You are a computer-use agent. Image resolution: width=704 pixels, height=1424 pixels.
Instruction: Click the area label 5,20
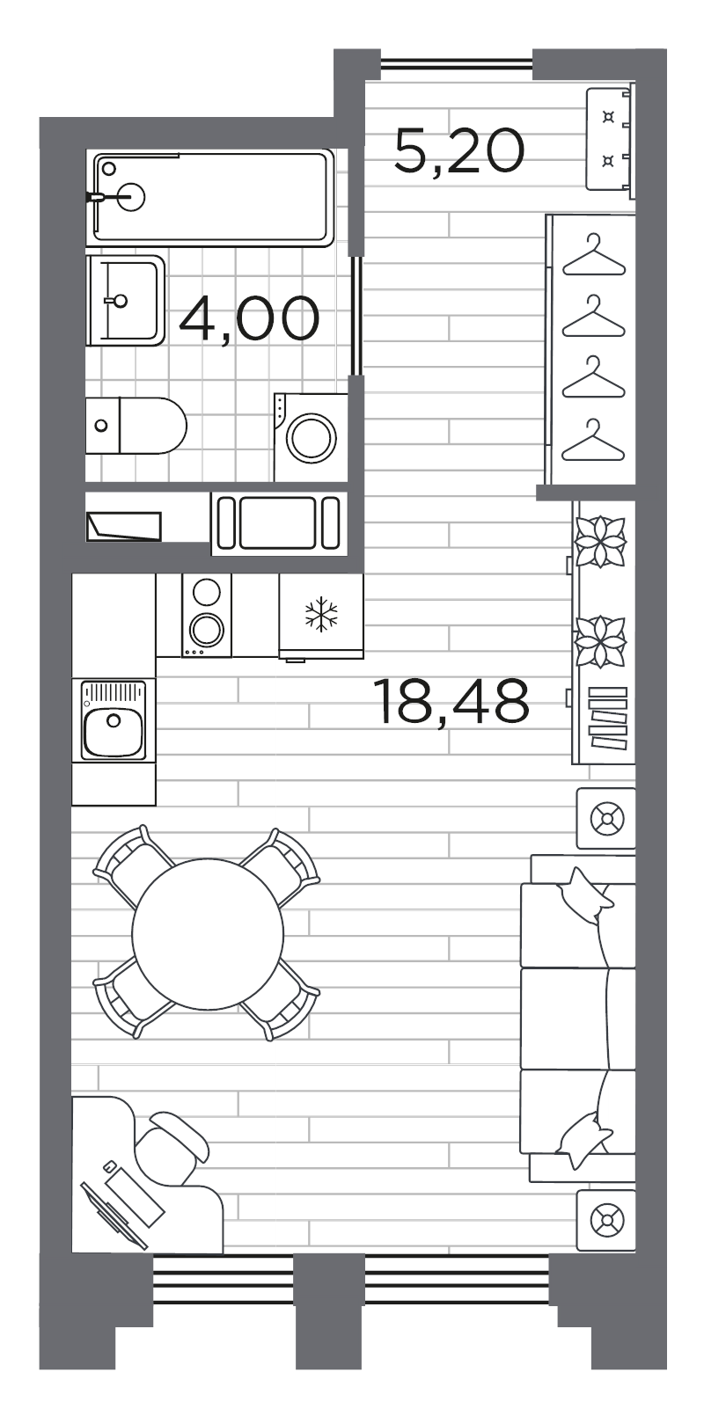pyautogui.click(x=458, y=150)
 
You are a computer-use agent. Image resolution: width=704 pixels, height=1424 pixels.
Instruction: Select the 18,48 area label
pyautogui.click(x=451, y=701)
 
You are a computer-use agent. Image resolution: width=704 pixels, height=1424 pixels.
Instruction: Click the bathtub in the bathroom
pyautogui.click(x=213, y=197)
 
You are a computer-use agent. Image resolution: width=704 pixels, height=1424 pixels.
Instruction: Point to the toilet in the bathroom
pyautogui.click(x=136, y=426)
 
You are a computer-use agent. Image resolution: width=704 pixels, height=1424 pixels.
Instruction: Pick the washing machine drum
pyautogui.click(x=311, y=437)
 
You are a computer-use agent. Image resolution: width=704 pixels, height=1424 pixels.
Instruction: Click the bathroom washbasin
pyautogui.click(x=125, y=301)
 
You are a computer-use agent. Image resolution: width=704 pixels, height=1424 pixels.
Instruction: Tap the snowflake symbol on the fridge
pyautogui.click(x=321, y=614)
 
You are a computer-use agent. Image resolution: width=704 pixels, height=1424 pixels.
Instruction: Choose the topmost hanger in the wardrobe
pyautogui.click(x=594, y=255)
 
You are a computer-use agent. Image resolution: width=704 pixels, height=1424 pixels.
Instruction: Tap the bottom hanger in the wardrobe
pyautogui.click(x=594, y=439)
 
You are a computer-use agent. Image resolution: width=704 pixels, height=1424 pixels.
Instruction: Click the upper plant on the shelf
pyautogui.click(x=600, y=541)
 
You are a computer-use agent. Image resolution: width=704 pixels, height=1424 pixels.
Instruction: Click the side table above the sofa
pyautogui.click(x=605, y=818)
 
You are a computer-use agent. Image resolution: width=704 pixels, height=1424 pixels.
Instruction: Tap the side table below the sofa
pyautogui.click(x=605, y=1221)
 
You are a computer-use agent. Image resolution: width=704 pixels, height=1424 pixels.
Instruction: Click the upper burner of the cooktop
pyautogui.click(x=207, y=593)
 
